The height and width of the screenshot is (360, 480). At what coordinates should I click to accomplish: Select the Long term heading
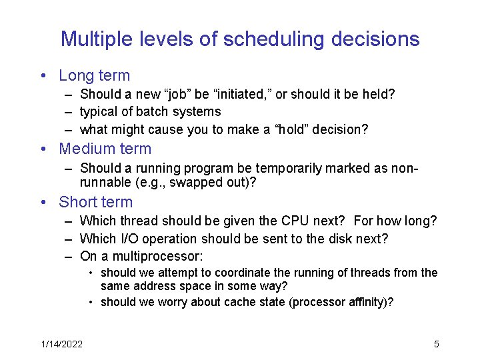94,76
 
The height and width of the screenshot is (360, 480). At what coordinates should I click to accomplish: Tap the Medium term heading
105,149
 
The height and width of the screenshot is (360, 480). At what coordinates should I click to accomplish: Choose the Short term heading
95,202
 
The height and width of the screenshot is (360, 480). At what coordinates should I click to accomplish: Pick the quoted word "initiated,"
247,95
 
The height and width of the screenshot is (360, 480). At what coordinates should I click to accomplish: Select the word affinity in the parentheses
369,303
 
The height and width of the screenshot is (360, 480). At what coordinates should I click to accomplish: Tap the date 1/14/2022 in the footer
61,344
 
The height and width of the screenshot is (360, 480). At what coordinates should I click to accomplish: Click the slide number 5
436,344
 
